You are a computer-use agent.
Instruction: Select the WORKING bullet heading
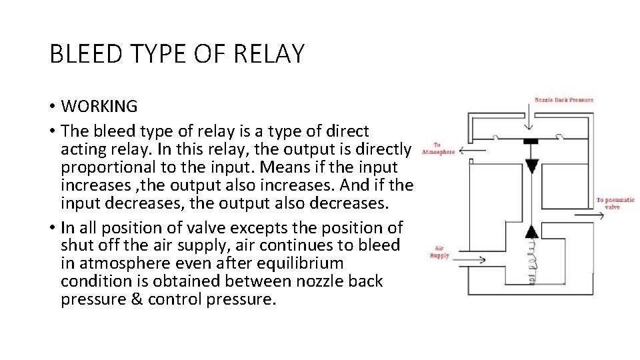click(x=99, y=106)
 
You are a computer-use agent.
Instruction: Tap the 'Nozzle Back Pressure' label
click(x=563, y=100)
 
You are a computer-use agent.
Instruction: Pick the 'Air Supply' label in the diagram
click(x=439, y=252)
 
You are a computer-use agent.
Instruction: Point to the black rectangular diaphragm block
click(x=531, y=141)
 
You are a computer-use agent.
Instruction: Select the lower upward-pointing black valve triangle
click(x=531, y=231)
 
